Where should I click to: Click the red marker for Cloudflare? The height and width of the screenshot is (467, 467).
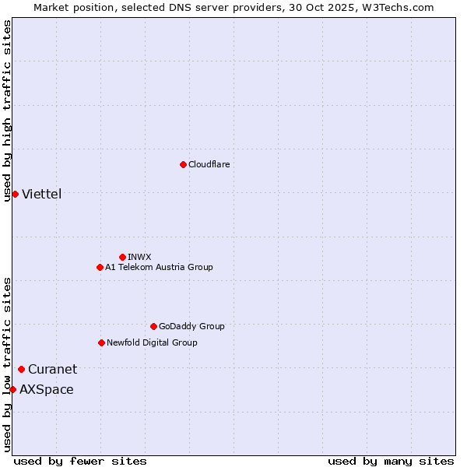[183, 164]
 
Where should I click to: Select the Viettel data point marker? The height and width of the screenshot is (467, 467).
[15, 194]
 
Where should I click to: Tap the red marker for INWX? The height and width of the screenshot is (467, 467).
[122, 257]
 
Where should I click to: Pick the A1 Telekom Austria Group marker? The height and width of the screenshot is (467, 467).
[100, 267]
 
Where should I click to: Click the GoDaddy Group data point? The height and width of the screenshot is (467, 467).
[153, 326]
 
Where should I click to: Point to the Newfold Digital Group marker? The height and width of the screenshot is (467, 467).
[101, 342]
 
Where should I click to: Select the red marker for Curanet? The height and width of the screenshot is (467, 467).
[21, 369]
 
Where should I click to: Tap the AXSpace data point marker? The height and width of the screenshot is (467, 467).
[12, 389]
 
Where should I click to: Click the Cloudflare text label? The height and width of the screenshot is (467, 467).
[209, 164]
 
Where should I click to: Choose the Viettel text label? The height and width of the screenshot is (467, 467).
[41, 194]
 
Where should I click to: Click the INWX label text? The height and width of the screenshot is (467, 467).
[139, 257]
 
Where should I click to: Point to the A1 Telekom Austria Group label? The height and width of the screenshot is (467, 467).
[159, 267]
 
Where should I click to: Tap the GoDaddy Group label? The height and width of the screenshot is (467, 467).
[191, 326]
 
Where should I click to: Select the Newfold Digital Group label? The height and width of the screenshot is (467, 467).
[152, 342]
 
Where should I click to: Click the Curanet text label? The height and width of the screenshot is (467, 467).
[52, 369]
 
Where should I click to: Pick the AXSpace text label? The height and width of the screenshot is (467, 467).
[47, 389]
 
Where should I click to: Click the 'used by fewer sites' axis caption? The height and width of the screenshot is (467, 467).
[80, 461]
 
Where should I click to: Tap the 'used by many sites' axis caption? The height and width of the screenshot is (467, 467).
[391, 461]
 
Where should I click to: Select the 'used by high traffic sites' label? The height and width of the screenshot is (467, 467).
[8, 111]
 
